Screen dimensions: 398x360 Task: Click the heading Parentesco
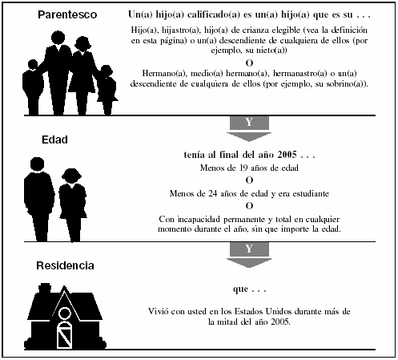[x=67, y=14]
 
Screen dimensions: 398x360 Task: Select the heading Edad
[x=54, y=140]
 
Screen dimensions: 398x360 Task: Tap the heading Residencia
[x=65, y=265]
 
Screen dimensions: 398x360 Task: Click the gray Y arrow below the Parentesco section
[x=249, y=128]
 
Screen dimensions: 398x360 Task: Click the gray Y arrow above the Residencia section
[x=249, y=255]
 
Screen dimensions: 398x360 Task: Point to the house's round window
[x=65, y=313]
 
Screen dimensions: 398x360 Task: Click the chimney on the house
[x=45, y=288]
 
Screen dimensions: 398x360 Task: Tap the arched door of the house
[x=65, y=335]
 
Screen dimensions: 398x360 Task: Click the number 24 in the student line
[x=213, y=193]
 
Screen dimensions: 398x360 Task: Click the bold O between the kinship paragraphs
[x=249, y=63]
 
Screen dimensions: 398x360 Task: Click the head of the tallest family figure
[x=58, y=38]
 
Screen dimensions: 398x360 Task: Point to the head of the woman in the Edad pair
[x=71, y=176]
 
